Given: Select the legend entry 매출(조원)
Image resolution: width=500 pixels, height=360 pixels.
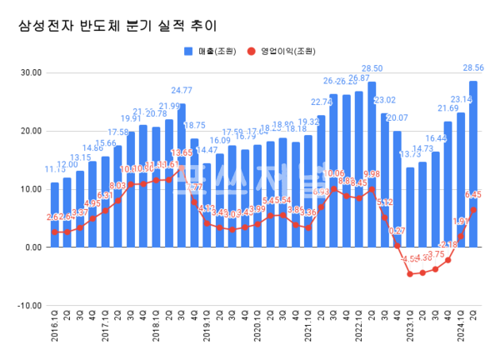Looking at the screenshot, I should coord(210,51).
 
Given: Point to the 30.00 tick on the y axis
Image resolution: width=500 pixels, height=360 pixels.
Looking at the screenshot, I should coord(30,72).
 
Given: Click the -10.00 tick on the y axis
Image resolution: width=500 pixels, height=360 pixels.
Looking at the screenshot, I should coord(28,306).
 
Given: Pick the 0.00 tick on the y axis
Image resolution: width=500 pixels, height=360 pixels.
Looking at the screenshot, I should coord(32,247).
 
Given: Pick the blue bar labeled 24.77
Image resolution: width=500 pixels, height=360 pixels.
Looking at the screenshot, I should coord(182,175).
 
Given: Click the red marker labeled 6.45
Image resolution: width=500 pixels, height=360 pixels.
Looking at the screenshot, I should coord(473,210).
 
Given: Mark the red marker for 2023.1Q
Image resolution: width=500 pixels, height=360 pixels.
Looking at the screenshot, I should coord(410,273).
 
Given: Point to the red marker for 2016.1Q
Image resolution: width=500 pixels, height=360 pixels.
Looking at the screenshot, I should coord(55,232).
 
